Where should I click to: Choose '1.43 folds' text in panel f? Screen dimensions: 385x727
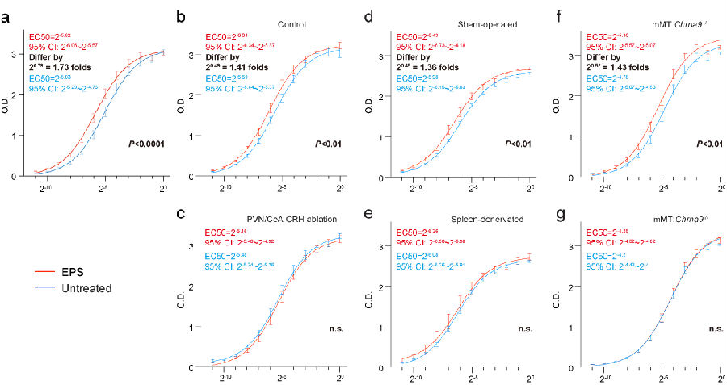coord(632,68)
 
